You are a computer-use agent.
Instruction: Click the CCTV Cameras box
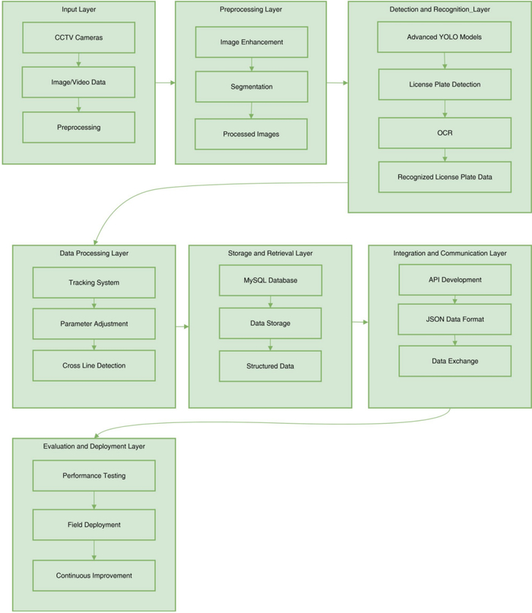pos(78,37)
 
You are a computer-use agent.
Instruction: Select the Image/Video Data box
pos(78,82)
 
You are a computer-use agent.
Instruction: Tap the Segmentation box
pos(252,87)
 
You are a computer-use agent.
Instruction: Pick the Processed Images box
pos(251,134)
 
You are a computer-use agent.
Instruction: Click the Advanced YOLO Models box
pos(445,37)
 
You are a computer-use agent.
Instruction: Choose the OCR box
pos(445,133)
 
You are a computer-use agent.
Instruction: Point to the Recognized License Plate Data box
pos(445,177)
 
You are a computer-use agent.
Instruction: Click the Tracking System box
pos(94,283)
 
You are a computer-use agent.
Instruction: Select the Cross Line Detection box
pos(94,365)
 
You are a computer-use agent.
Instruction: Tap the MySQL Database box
pos(271,280)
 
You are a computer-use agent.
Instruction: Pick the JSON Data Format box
pos(454,319)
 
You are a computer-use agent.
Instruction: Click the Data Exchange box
pos(455,362)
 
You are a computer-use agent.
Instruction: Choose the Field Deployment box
pos(94,525)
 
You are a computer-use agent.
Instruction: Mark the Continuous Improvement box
pos(94,576)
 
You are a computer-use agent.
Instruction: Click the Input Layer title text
pos(78,9)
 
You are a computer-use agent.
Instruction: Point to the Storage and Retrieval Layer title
pos(271,254)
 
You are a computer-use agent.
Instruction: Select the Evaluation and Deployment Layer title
pos(94,447)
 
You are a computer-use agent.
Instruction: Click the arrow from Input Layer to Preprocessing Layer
pos(166,83)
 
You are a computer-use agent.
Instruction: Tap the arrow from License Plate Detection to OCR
pos(445,109)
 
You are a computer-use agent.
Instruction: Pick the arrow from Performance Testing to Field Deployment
pos(94,501)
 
